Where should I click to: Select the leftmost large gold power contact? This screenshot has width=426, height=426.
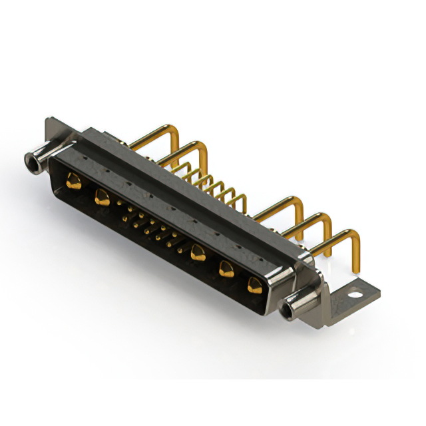74,180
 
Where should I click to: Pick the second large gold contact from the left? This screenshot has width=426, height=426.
102,196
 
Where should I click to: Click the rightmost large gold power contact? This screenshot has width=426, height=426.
254,286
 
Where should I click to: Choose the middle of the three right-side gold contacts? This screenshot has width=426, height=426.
226,269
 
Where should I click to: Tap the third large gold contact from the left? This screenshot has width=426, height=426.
197,252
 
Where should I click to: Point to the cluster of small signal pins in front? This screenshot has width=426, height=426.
150,226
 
